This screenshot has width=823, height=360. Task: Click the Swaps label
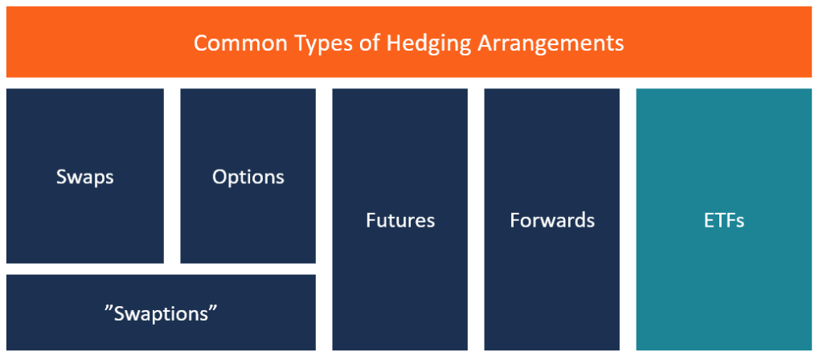coord(84,177)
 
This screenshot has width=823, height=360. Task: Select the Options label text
coord(248,177)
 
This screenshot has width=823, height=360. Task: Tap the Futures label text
coord(399,220)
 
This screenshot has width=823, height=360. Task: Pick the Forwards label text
coord(552,220)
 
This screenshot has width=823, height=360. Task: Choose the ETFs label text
coord(723,220)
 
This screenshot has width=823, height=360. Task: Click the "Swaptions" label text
coord(162,313)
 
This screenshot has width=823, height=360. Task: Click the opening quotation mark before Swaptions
coord(109,308)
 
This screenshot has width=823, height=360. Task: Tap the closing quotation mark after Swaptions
coord(215,308)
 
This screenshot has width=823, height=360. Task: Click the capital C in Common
coord(200,43)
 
